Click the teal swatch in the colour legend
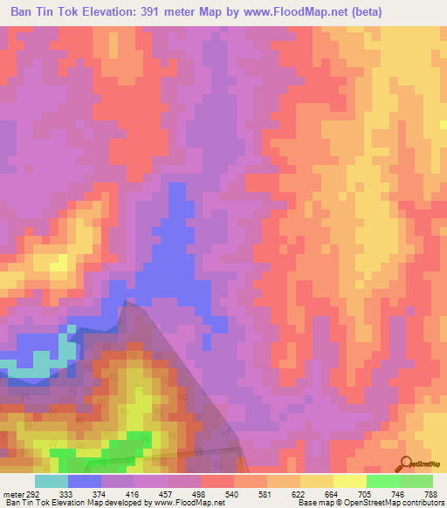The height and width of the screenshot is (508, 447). coord(52,481)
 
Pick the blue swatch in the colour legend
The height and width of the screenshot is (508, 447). coord(85,481)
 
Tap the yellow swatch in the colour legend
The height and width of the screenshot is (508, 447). coord(349,481)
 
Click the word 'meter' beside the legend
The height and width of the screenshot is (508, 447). coord(14,492)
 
